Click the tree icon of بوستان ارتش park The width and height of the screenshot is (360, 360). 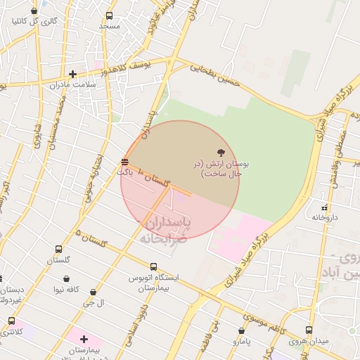221,153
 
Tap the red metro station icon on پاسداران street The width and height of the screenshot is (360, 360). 125,162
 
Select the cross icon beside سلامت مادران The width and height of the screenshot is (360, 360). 72,74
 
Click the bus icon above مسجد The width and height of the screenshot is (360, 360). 109,16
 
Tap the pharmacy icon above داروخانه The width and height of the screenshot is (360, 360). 325,207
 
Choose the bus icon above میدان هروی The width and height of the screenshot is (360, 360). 309,330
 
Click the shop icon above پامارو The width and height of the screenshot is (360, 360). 241,330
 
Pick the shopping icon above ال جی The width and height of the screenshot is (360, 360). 93,292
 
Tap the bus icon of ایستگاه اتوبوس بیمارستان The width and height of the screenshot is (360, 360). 153,267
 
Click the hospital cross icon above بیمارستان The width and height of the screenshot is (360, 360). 84,339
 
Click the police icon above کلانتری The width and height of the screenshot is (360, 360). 11,321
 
